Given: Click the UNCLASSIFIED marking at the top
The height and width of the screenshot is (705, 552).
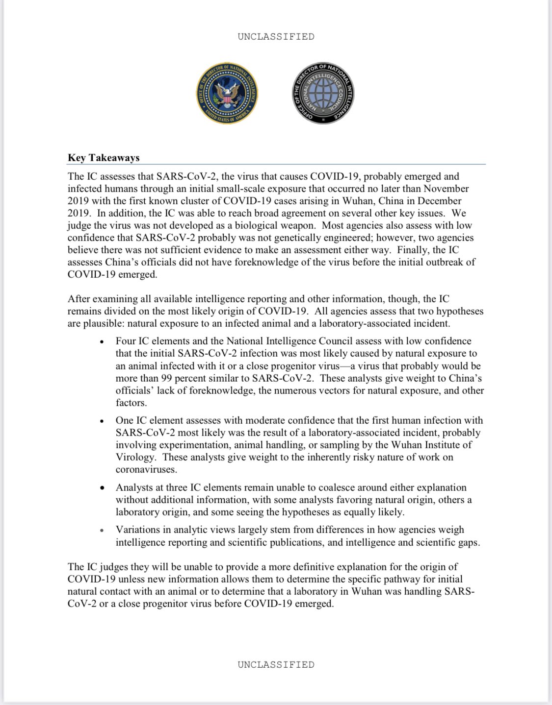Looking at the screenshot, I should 276,37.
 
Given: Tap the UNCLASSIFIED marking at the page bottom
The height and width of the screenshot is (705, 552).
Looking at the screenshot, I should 276,665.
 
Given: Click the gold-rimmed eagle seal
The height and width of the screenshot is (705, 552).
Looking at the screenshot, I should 227,93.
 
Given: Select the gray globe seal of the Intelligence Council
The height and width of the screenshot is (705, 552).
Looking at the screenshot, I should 323,93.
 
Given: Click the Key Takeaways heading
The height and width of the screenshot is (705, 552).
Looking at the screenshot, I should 104,158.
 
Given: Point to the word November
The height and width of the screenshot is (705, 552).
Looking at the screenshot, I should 446,189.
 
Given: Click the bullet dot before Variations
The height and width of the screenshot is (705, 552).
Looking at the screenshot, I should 102,530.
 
